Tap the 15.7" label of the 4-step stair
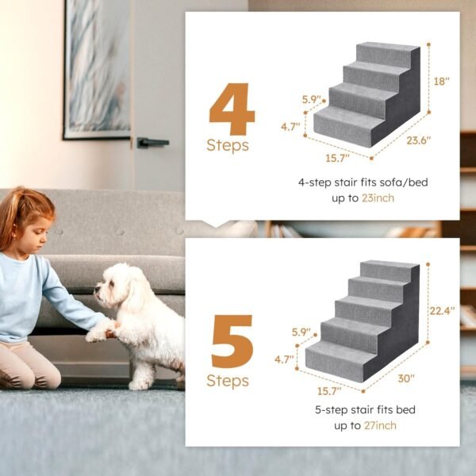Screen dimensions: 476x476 pyautogui.click(x=336, y=158)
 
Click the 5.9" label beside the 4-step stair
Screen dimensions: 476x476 pyautogui.click(x=313, y=100)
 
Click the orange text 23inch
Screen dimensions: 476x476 pyautogui.click(x=377, y=198)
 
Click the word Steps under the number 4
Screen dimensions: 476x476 pyautogui.click(x=228, y=146)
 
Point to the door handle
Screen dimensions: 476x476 pyautogui.click(x=151, y=143)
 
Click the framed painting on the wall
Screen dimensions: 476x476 pyautogui.click(x=97, y=67)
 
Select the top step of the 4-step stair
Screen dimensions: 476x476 pyautogui.click(x=386, y=53)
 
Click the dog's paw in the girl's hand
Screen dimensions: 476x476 pyautogui.click(x=99, y=332)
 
